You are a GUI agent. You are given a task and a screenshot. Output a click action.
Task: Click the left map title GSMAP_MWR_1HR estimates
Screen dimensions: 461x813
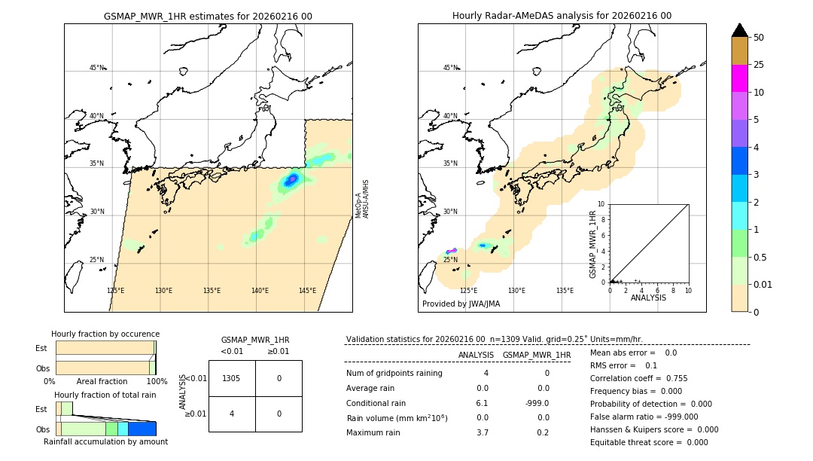(208, 16)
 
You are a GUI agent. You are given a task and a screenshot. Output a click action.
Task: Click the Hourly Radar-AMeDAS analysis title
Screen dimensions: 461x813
(562, 16)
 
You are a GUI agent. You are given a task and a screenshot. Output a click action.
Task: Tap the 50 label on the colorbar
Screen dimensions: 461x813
(759, 38)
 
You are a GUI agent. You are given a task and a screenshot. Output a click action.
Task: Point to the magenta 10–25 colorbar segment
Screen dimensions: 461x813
(739, 78)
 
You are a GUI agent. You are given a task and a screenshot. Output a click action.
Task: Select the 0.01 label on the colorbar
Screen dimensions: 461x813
(763, 284)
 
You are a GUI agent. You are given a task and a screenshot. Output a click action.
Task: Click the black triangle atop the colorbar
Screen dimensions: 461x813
(739, 30)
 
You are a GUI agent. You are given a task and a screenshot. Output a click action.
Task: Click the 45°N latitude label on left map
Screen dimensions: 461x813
(96, 68)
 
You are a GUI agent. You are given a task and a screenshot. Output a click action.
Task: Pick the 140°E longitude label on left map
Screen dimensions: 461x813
(260, 291)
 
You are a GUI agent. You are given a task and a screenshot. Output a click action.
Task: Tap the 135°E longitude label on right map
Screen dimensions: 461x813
(565, 291)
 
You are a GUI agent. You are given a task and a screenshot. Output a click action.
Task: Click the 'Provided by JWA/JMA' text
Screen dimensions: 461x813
(461, 304)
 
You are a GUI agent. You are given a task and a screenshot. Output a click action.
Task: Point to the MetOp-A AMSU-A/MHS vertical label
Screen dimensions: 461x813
(362, 199)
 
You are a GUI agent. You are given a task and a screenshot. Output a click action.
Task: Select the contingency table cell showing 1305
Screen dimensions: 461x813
(232, 378)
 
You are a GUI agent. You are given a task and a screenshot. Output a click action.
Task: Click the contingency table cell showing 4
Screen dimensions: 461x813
(232, 414)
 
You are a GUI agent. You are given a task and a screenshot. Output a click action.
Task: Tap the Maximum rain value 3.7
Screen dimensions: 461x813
(482, 432)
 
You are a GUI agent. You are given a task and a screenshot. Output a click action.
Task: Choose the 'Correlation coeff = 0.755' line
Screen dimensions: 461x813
(638, 378)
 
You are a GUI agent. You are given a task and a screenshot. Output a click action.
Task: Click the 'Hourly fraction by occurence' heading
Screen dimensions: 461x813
(105, 334)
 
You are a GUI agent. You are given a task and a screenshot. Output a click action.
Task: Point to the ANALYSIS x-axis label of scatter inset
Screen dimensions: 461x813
(648, 298)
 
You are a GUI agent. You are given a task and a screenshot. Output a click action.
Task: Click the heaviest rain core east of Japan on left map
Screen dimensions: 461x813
(292, 179)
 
